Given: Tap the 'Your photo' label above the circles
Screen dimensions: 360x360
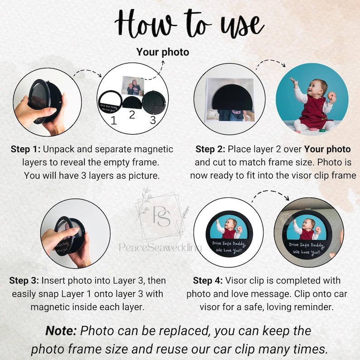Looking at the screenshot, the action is click(163, 52).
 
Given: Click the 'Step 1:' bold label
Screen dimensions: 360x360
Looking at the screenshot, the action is click(26, 149).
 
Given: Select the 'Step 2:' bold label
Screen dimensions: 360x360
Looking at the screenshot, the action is click(210, 149).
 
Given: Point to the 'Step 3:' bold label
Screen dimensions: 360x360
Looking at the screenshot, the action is click(24, 281).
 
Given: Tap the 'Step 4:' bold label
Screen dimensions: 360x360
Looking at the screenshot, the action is click(208, 281).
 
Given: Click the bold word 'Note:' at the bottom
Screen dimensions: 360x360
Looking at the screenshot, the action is click(61, 331).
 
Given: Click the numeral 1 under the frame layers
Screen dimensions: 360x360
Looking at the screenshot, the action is click(113, 120).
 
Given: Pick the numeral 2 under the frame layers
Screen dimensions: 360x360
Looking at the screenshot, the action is click(132, 115).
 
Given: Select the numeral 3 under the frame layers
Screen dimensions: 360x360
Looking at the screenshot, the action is click(153, 120).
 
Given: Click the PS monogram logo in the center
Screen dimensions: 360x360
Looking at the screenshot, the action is click(162, 216).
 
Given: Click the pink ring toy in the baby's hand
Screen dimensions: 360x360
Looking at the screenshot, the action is click(331, 96).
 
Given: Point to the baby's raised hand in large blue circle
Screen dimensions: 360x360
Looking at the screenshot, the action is click(292, 81).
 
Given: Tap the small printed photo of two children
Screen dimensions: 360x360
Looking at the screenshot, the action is click(133, 85).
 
